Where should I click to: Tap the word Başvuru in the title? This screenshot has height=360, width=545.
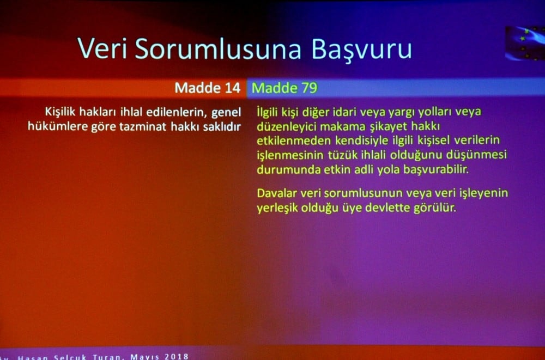point(361,50)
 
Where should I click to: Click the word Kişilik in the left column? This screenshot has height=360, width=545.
point(63,112)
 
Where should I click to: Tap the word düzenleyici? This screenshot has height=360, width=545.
point(283,126)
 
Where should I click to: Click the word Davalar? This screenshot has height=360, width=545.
point(276,193)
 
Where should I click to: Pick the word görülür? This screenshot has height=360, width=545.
point(436,208)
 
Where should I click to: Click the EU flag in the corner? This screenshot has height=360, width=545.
point(524,42)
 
